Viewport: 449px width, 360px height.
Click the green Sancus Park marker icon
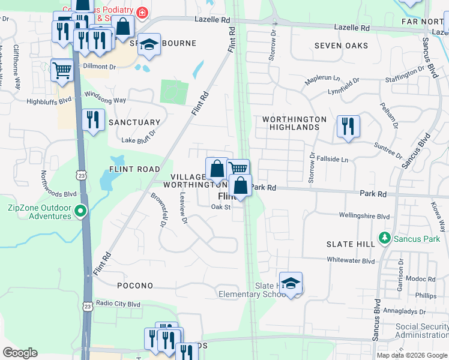(385, 238)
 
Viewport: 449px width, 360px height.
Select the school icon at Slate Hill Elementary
(291, 283)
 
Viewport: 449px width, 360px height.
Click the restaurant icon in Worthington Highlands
(348, 126)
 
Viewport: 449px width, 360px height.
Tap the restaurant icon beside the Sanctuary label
(93, 120)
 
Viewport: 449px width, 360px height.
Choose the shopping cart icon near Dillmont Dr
(62, 70)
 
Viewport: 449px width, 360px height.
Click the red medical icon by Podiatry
(142, 12)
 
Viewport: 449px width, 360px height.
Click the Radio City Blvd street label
(118, 304)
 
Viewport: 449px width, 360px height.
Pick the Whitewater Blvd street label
(351, 260)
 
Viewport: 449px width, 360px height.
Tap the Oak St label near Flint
(220, 207)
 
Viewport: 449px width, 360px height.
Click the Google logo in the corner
(20, 353)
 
